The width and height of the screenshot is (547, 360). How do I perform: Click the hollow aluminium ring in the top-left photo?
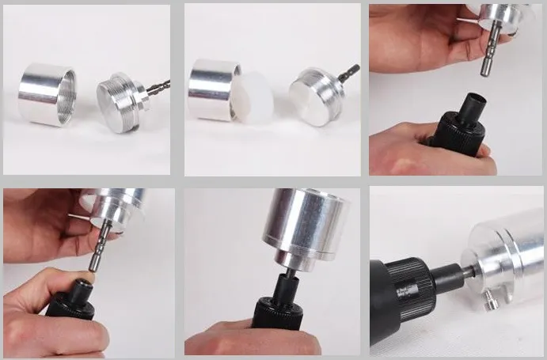tap(47, 94)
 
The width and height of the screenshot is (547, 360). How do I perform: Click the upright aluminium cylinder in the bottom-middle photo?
tap(306, 225)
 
